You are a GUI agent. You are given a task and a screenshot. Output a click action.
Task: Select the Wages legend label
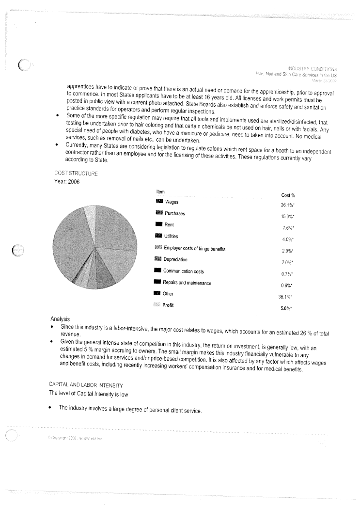(172, 202)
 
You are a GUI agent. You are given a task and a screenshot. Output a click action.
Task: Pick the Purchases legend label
(175, 213)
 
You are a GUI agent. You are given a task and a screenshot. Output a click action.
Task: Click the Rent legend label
(170, 225)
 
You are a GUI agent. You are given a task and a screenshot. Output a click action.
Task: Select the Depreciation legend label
(175, 259)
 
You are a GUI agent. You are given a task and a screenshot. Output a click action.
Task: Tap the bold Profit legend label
(168, 305)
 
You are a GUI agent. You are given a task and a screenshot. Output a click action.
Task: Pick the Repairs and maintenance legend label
(187, 283)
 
